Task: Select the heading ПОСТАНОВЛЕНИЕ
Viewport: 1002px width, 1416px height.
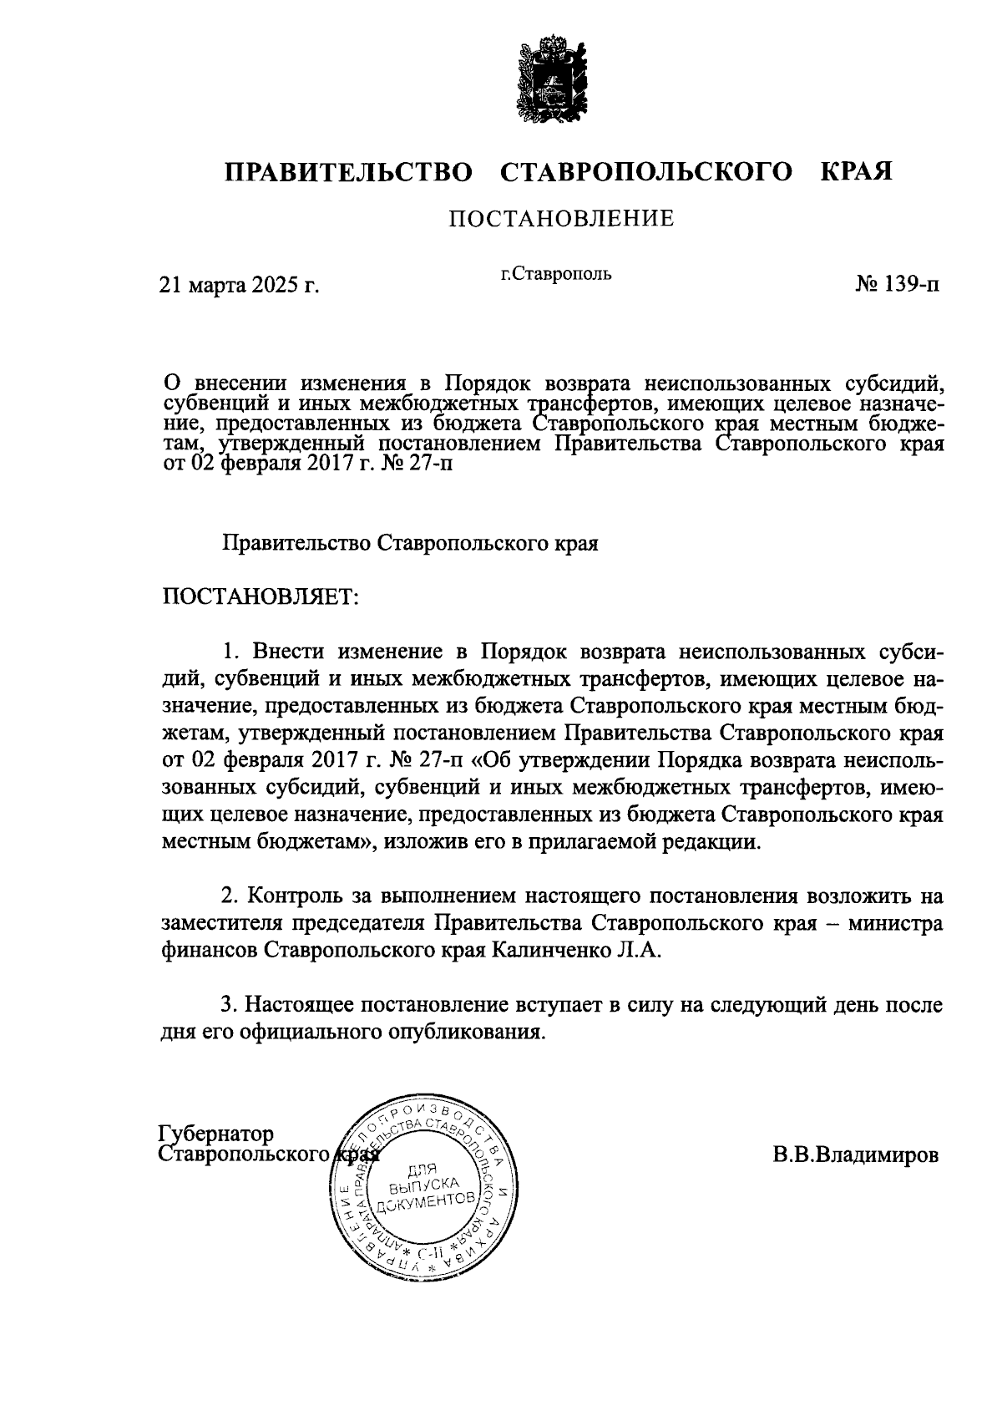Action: [x=561, y=220]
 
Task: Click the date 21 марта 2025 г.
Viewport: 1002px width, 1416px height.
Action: [x=240, y=286]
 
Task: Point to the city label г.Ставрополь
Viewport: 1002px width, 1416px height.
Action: [x=556, y=273]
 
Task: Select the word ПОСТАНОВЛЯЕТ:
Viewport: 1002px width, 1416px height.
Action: [x=260, y=596]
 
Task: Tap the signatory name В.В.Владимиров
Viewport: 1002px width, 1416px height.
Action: [x=856, y=1155]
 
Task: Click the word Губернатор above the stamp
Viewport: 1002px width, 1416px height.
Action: [x=216, y=1134]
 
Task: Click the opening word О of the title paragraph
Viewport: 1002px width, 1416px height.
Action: [x=170, y=383]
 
